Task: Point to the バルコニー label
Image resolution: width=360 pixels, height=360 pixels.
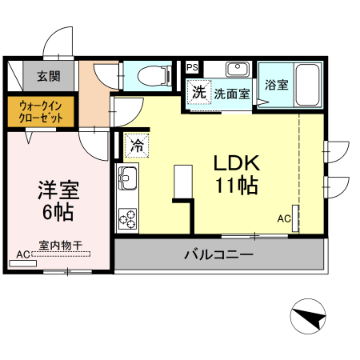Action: (218, 256)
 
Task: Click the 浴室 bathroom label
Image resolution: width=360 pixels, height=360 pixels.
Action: (278, 82)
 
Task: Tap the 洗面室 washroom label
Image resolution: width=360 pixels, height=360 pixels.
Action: (231, 93)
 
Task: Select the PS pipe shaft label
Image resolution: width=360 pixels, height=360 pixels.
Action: (193, 67)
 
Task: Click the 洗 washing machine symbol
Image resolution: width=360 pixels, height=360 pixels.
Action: (198, 91)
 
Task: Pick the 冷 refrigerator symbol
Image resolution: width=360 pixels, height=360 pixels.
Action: (137, 146)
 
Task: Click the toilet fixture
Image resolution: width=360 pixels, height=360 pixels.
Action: (153, 76)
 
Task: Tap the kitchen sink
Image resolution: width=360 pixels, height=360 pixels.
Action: (128, 176)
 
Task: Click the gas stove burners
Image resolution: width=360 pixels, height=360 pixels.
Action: (128, 215)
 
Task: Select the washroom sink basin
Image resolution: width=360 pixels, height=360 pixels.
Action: (236, 70)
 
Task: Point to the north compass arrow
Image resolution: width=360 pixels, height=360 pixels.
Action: (309, 318)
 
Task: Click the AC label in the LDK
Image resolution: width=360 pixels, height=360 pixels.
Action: (284, 218)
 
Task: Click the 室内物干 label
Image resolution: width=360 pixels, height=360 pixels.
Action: (61, 246)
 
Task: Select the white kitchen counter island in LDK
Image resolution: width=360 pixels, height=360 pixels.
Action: (183, 181)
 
